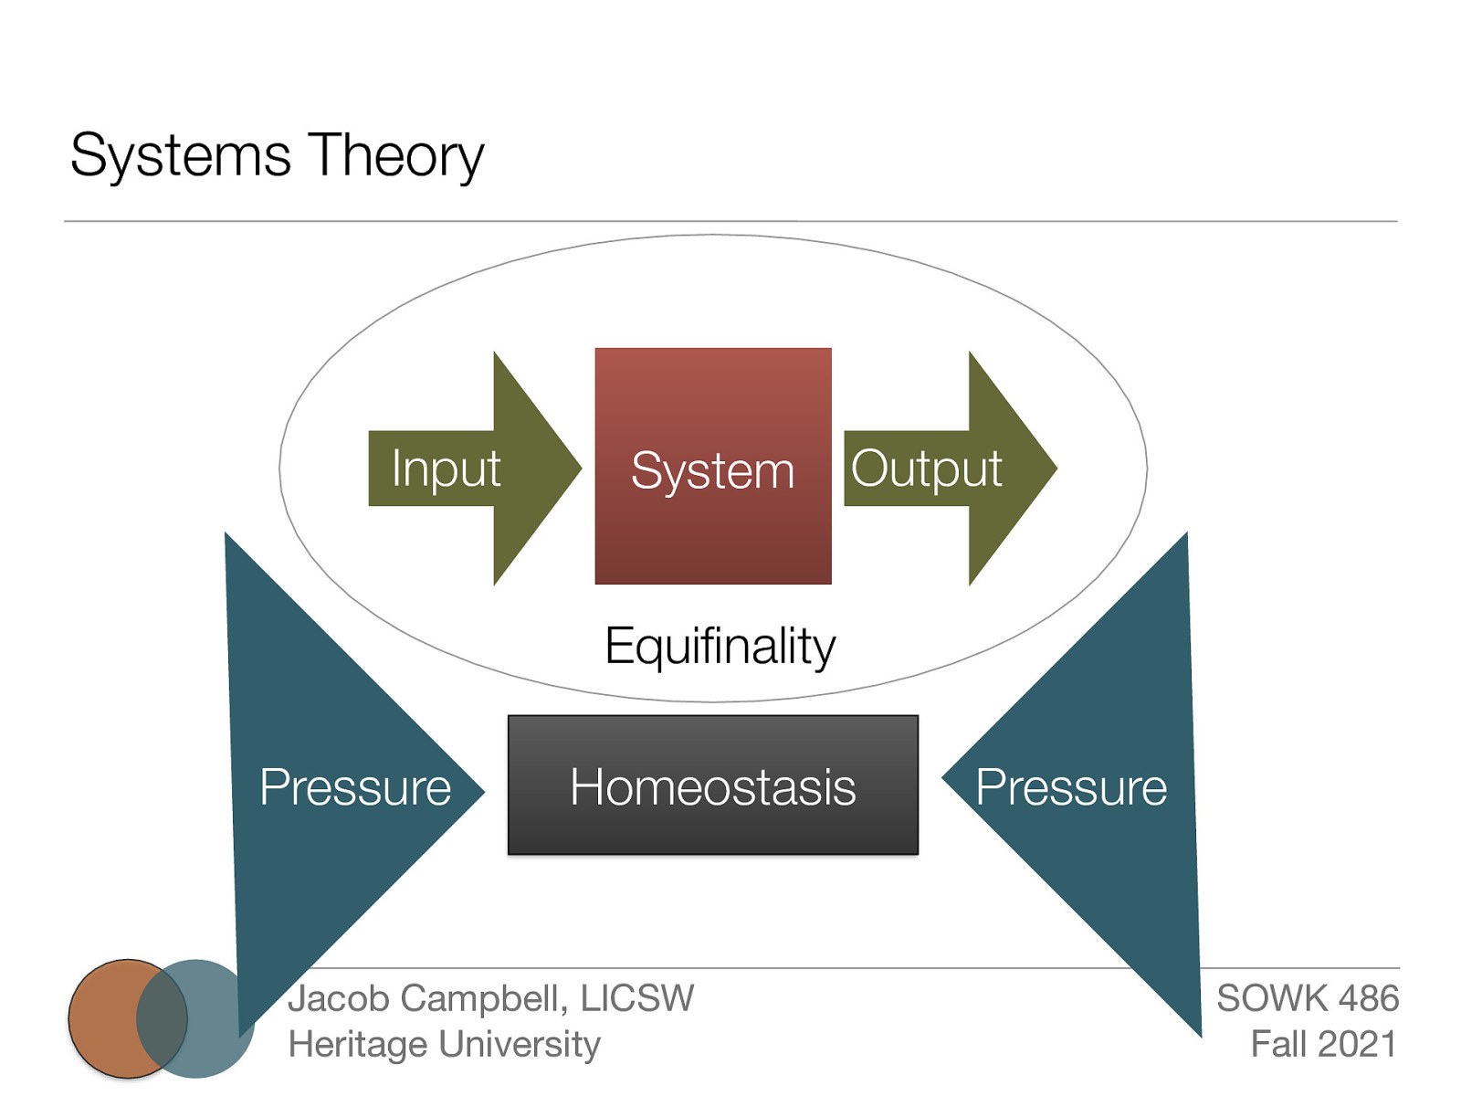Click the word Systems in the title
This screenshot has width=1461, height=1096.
pyautogui.click(x=180, y=155)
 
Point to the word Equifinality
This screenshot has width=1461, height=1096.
pyautogui.click(x=720, y=647)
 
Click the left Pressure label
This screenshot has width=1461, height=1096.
pyautogui.click(x=355, y=787)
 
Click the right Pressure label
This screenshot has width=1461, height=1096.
pyautogui.click(x=1070, y=787)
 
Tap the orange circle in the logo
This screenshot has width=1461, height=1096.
pyautogui.click(x=102, y=1018)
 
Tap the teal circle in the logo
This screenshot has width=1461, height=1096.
pyautogui.click(x=219, y=1018)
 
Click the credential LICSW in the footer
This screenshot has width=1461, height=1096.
pyautogui.click(x=636, y=998)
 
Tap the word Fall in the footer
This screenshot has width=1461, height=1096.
pyautogui.click(x=1277, y=1044)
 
